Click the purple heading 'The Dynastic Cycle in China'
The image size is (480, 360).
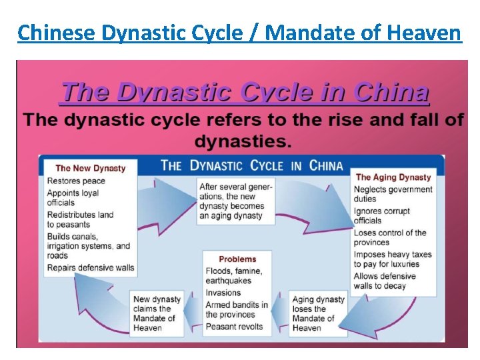click(245, 92)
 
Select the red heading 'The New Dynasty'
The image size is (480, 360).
click(90, 168)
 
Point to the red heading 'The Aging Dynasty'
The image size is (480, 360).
click(393, 177)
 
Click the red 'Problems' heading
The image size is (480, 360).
click(237, 259)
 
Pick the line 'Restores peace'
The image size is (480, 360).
click(76, 181)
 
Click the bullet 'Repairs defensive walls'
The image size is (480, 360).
click(91, 268)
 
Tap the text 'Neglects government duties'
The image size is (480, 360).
click(393, 194)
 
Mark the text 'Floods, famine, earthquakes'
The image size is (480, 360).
click(233, 276)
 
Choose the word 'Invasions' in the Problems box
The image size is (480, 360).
click(223, 293)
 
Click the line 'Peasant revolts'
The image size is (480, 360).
click(234, 327)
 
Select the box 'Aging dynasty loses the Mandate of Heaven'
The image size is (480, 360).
click(318, 313)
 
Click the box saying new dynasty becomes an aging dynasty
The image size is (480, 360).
click(235, 201)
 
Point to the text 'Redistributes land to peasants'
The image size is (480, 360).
click(80, 219)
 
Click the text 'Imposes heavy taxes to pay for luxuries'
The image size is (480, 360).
click(392, 259)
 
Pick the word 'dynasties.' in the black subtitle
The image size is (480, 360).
click(243, 141)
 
